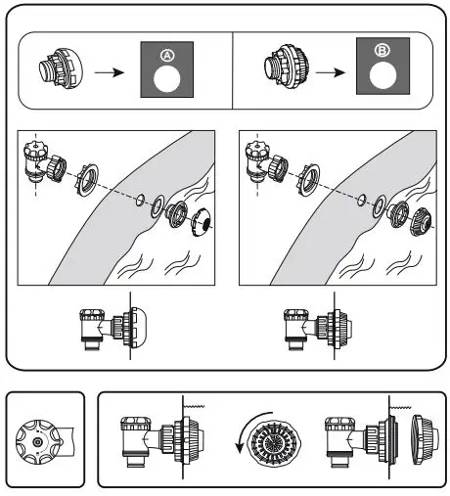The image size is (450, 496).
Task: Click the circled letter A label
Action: tap(167, 55)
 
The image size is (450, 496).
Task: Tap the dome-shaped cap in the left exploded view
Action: tap(205, 220)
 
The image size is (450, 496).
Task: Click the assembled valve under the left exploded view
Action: tap(108, 331)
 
